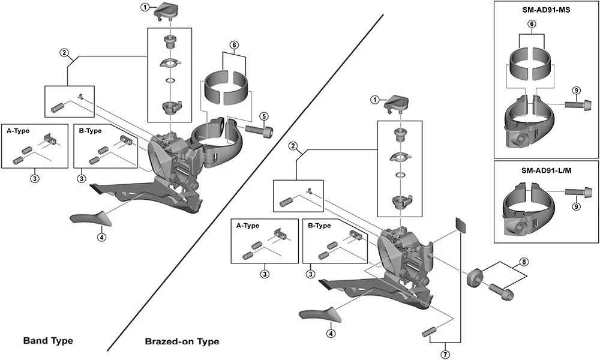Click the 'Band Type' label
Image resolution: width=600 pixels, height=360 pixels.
(x=48, y=341)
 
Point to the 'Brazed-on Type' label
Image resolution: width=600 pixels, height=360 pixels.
(x=182, y=341)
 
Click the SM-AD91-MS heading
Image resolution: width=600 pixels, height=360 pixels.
(x=546, y=10)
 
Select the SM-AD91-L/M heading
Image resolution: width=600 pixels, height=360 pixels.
(x=546, y=170)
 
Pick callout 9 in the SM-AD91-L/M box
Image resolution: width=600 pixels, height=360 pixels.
(x=575, y=206)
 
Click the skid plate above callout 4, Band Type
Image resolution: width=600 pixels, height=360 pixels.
(x=88, y=217)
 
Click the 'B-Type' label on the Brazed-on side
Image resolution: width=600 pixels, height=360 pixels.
(x=319, y=226)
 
